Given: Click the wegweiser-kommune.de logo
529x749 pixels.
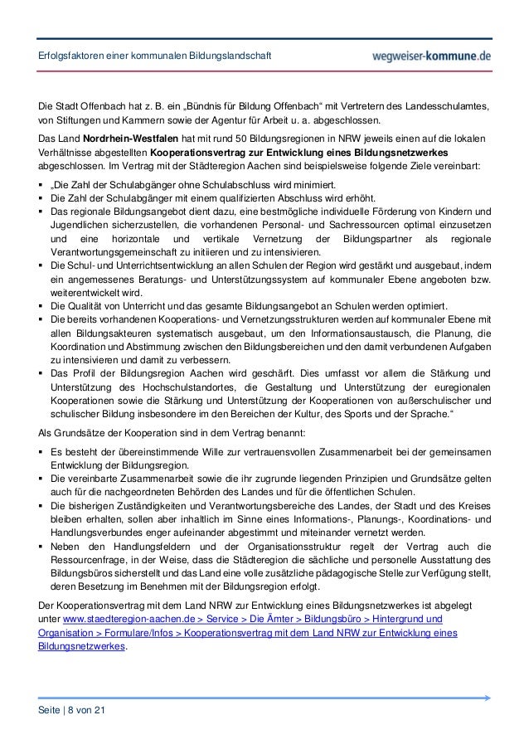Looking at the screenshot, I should click(433, 56).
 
